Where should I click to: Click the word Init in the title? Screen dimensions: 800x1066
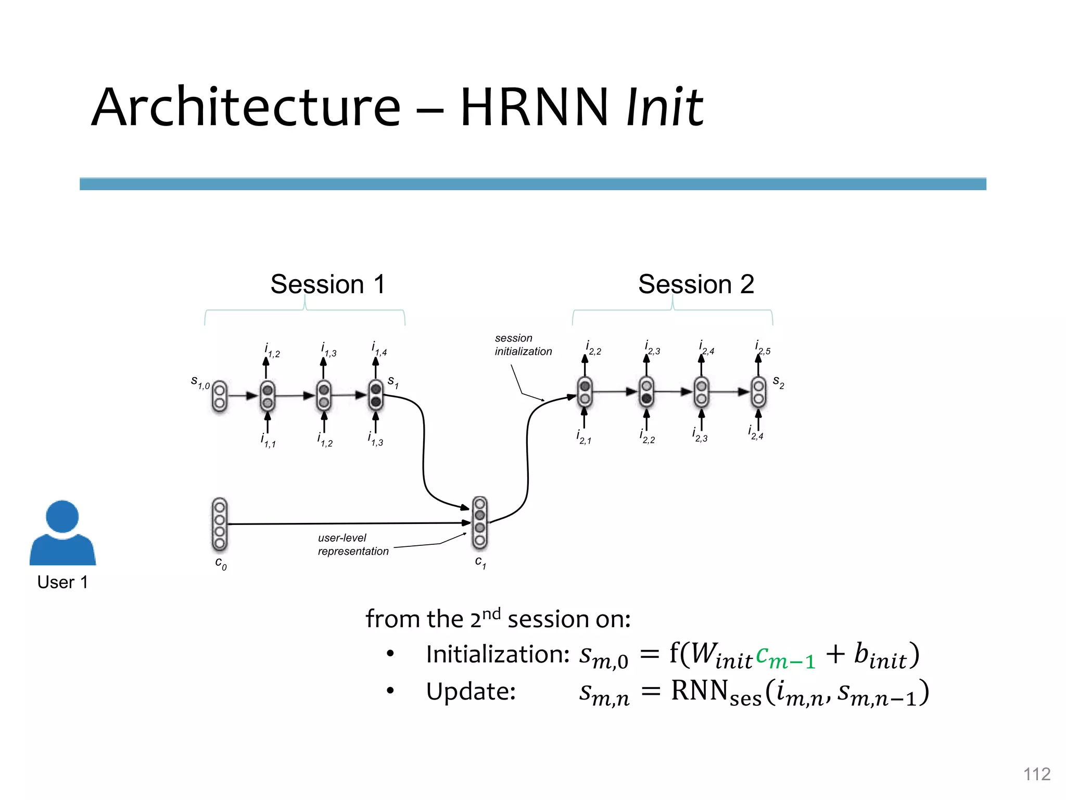pos(665,108)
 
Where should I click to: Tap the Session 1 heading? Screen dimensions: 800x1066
pos(328,284)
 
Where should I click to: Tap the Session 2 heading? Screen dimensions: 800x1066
pos(696,284)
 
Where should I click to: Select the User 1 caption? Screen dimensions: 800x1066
pos(62,582)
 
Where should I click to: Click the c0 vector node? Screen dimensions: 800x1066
pos(220,524)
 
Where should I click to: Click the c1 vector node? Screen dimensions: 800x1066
pos(480,522)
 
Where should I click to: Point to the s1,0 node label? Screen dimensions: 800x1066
pos(200,383)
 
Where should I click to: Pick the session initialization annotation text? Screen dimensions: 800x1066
pos(523,345)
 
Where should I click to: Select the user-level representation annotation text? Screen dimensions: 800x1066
pos(353,544)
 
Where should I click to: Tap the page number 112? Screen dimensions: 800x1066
pos(1036,774)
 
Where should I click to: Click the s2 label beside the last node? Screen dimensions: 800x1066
pos(778,382)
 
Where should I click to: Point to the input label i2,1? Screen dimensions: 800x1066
pos(583,438)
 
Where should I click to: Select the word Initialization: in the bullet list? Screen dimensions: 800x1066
pos(498,654)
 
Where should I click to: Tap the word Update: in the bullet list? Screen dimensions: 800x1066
pos(471,692)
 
